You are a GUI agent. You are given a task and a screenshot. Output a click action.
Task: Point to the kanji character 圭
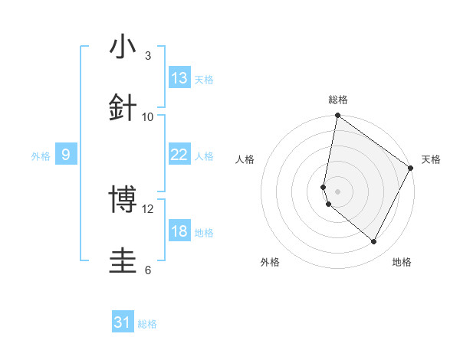(123, 260)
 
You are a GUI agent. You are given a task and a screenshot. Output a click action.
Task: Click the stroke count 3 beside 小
(147, 56)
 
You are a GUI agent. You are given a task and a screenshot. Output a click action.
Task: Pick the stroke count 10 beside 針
(148, 116)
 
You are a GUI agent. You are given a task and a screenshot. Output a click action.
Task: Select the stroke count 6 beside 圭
(147, 270)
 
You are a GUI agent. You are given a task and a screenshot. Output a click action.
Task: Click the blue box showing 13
(179, 78)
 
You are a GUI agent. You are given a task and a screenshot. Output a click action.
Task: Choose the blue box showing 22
(179, 155)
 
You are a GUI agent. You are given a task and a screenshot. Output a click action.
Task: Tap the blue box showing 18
(179, 231)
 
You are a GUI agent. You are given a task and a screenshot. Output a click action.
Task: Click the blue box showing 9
(66, 155)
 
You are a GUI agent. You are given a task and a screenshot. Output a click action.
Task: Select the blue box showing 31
(123, 323)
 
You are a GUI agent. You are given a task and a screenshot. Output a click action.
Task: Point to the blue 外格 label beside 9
(41, 156)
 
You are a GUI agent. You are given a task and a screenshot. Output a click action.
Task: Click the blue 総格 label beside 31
(147, 325)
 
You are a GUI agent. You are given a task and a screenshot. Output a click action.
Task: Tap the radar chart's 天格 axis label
(431, 159)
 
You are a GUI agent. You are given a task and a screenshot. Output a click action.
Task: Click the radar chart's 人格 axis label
(245, 159)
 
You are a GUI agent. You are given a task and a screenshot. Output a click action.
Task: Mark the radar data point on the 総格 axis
(337, 116)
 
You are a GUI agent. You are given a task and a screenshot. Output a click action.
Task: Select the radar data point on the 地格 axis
(374, 242)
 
